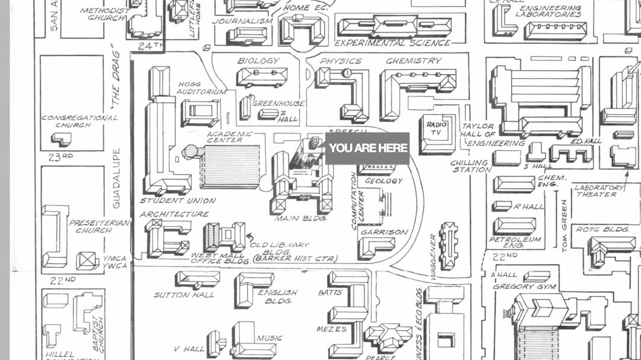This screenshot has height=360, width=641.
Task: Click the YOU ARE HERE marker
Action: pyautogui.click(x=368, y=148)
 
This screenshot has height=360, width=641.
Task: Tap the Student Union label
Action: pyautogui.click(x=177, y=200)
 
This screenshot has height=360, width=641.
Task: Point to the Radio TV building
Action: pyautogui.click(x=438, y=133)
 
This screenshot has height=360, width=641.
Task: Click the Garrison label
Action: pyautogui.click(x=385, y=232)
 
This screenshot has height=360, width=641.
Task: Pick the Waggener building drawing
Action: pyautogui.click(x=449, y=246)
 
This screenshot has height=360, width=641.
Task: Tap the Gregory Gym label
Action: pyautogui.click(x=524, y=286)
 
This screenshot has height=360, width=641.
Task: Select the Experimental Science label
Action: pyautogui.click(x=392, y=43)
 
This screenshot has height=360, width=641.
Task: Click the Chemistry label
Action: pyautogui.click(x=414, y=60)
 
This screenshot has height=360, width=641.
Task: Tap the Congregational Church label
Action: pyautogui.click(x=79, y=122)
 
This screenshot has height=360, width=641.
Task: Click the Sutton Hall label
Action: pyautogui.click(x=180, y=295)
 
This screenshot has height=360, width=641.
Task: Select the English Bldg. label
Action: pyautogui.click(x=278, y=297)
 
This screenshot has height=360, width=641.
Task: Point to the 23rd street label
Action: pyautogui.click(x=61, y=157)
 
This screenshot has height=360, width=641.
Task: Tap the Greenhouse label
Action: pyautogui.click(x=278, y=103)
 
